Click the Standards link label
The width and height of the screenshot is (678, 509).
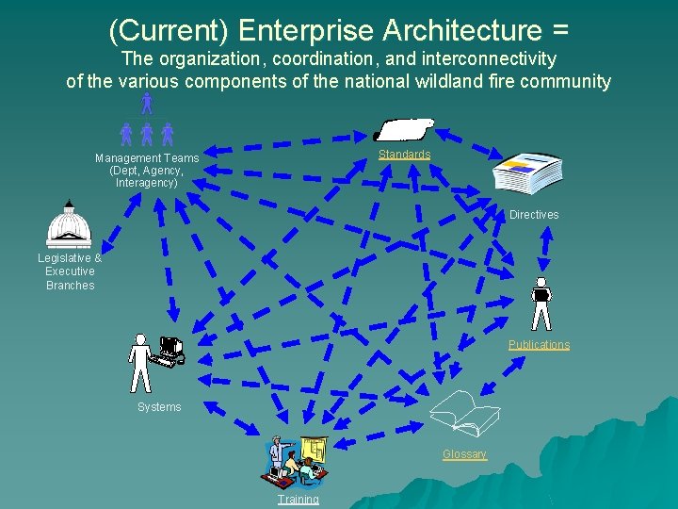404,155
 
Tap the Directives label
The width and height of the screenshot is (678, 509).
534,215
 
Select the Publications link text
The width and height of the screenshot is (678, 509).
539,345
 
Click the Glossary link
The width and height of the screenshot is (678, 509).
465,454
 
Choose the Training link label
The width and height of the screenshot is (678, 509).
298,500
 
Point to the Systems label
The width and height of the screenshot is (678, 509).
159,407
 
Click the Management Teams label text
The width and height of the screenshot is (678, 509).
147,158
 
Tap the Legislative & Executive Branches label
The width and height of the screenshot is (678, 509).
70,271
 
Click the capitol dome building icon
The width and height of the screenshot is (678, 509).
69,226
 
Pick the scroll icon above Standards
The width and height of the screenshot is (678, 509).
404,130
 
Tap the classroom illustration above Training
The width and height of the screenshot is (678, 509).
298,460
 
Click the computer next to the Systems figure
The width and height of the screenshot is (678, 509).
170,350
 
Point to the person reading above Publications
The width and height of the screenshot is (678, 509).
541,303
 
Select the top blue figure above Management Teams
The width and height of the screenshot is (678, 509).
146,102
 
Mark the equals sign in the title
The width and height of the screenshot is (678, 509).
559,30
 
